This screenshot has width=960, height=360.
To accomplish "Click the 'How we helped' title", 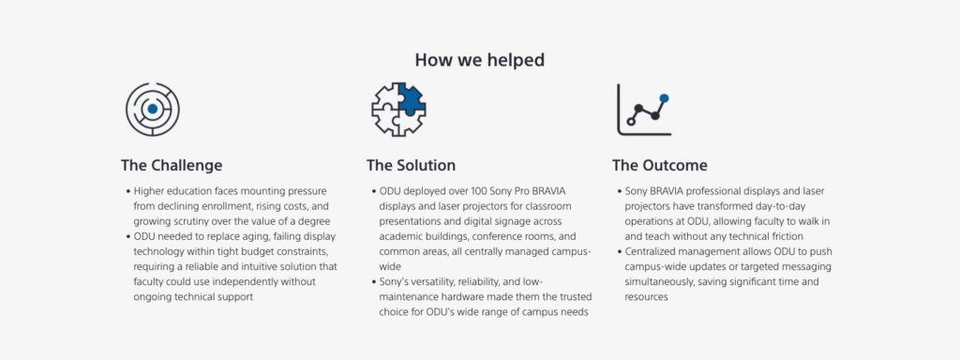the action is coord(479,60).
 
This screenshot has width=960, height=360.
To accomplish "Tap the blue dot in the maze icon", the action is coord(153,109).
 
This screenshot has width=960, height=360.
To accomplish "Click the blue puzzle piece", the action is coord(411,97).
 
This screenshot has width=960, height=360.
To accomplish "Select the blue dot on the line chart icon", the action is coord(665,97).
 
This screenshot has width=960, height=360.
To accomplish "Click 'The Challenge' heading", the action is coord(172,165).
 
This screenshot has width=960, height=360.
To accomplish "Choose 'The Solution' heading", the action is coord(411,165).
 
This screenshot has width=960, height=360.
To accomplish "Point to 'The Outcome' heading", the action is coord(659,165).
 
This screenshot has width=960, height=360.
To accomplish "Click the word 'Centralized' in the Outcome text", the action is coord(649,251).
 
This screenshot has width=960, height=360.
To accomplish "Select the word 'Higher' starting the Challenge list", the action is coord(147,191).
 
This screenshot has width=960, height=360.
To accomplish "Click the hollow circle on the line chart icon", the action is coord(632,122).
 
